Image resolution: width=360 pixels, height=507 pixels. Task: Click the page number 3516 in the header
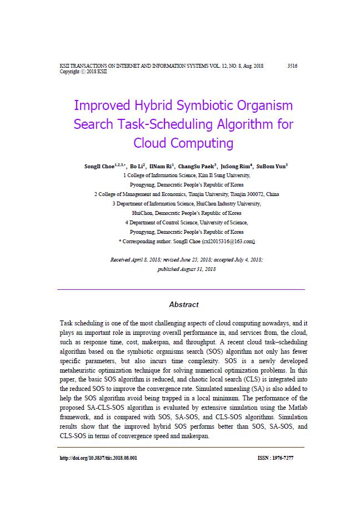pyautogui.click(x=292, y=66)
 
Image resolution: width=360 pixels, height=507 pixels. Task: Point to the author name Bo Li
pyautogui.click(x=136, y=165)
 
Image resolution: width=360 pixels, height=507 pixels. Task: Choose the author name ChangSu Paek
pyautogui.click(x=196, y=165)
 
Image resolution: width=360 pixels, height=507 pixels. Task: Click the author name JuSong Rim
pyautogui.click(x=234, y=165)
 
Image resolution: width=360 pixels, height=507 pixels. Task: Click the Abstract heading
pyautogui.click(x=183, y=304)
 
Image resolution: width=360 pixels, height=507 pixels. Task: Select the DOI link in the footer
pyautogui.click(x=98, y=458)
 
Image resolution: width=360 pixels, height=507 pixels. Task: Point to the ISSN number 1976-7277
pyautogui.click(x=283, y=458)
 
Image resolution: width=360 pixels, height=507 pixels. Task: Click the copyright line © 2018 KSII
pyautogui.click(x=83, y=72)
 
